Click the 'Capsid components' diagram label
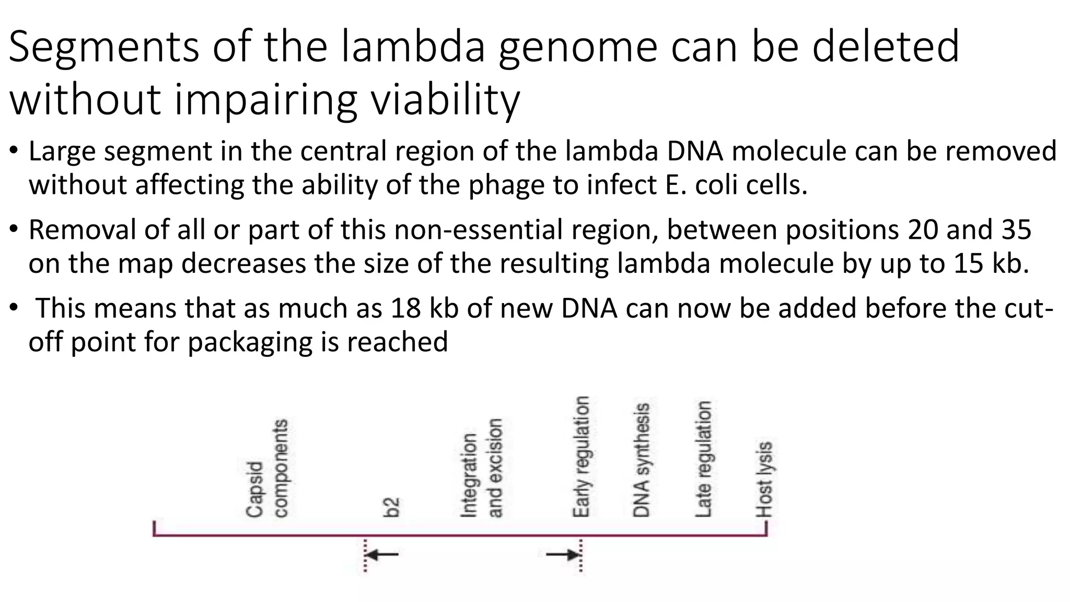click(267, 468)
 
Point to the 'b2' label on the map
click(391, 507)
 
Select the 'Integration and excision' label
click(482, 468)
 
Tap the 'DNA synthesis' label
click(641, 460)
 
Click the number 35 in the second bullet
click(1016, 229)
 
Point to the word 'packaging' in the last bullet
click(250, 342)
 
